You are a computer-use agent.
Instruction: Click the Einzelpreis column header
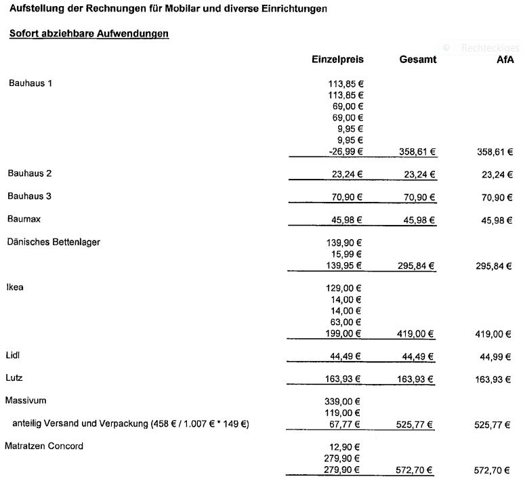[337, 60]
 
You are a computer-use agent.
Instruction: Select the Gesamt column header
[417, 60]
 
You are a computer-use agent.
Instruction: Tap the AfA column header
[505, 60]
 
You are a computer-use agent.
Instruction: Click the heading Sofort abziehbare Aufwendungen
[89, 33]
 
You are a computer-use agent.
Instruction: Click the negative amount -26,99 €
[346, 152]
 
